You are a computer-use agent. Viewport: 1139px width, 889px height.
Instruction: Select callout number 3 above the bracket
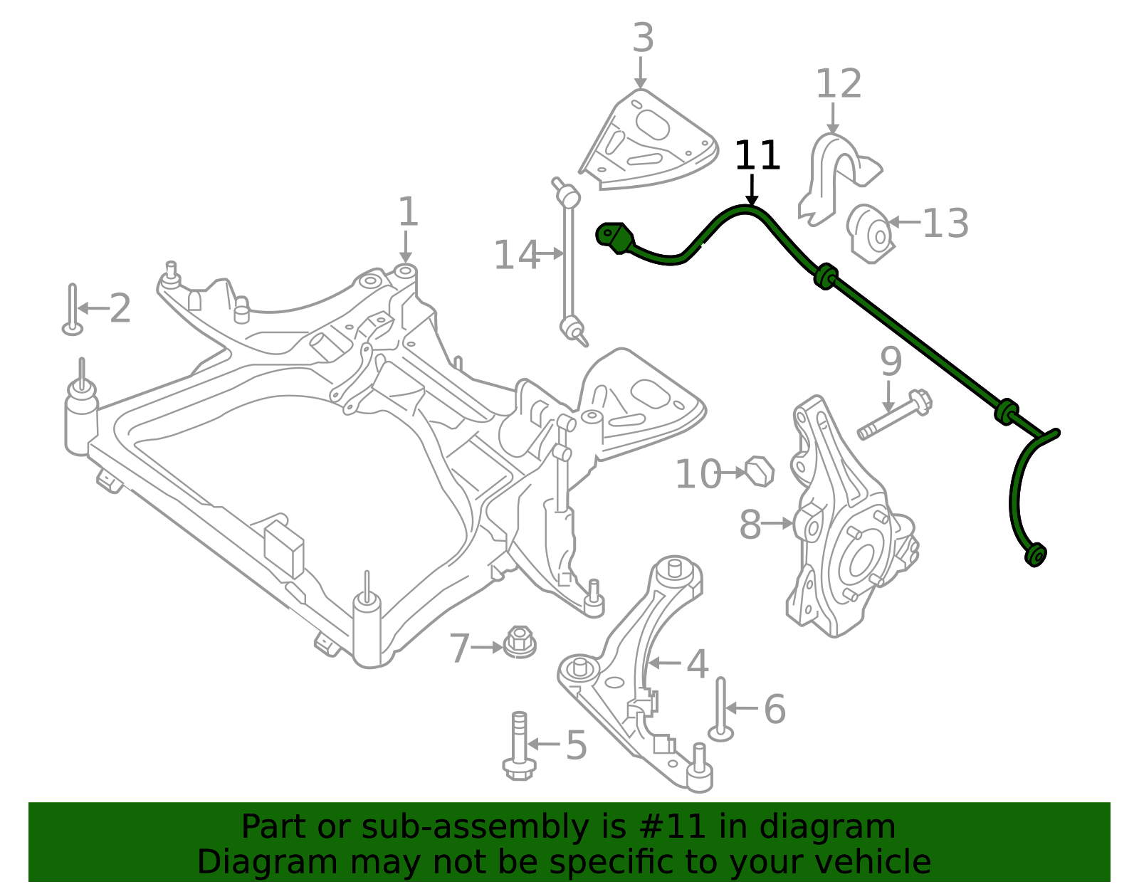pos(642,38)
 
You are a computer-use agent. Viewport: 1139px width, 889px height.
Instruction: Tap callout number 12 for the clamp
pos(838,85)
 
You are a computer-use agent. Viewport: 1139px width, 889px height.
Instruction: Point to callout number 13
pos(945,223)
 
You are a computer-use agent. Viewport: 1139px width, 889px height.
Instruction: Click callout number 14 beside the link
pos(516,256)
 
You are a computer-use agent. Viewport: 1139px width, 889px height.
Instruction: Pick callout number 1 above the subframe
pos(407,212)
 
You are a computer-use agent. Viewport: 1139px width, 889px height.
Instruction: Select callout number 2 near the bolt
pos(120,309)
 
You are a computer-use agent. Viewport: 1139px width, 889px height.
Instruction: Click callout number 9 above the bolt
pos(891,362)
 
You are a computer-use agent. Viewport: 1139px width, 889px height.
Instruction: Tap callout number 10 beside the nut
pos(698,475)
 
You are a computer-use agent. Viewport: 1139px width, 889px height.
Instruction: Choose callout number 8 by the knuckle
pos(750,525)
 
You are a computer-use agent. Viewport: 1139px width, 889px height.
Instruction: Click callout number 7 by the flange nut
pos(460,648)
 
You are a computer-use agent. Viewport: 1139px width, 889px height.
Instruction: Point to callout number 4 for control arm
pos(697,664)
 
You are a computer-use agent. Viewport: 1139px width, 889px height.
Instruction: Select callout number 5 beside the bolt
pos(576,745)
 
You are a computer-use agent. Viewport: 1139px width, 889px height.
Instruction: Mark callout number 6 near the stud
pos(775,710)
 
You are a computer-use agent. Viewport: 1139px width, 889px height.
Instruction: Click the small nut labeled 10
pos(760,471)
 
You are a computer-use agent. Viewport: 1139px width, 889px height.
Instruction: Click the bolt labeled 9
pos(894,416)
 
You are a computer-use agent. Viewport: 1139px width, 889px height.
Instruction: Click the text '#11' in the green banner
pos(668,827)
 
